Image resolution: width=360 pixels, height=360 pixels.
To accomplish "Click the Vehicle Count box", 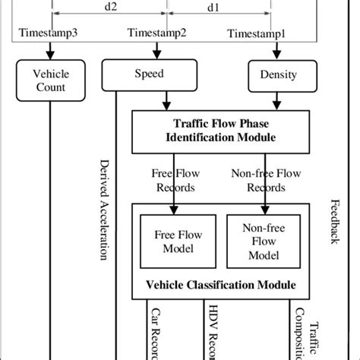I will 50,81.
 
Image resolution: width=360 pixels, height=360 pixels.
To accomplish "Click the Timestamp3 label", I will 49,36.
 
